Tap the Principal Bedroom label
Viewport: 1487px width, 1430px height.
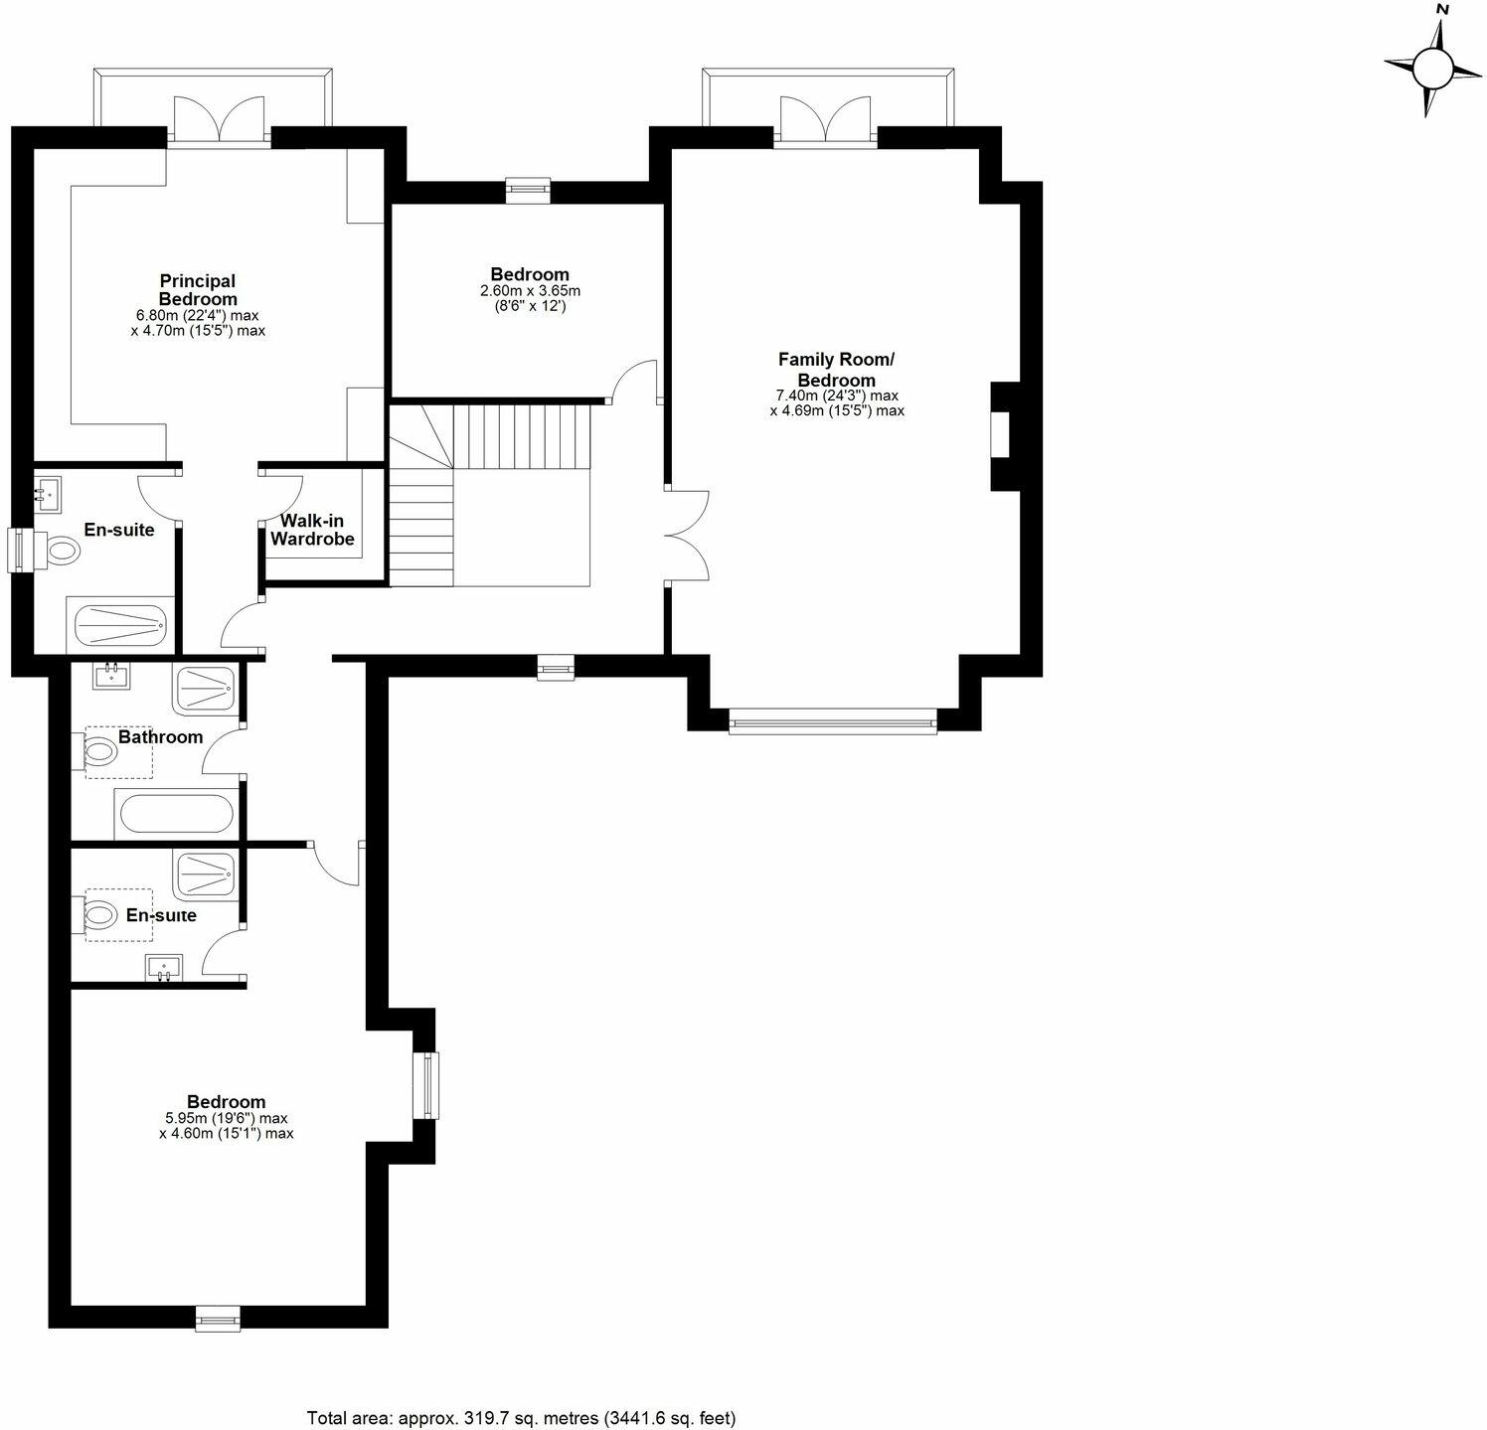point(198,290)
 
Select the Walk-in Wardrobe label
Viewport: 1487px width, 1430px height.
point(312,530)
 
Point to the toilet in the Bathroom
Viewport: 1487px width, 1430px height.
point(99,752)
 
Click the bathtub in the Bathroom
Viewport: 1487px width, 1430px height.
point(176,814)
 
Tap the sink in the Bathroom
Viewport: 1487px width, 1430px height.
point(109,676)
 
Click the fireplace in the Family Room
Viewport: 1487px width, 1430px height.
point(1000,435)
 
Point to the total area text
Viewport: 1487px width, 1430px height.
point(521,1417)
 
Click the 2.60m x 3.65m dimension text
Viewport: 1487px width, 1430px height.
point(530,291)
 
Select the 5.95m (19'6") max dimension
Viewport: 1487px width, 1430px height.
point(226,1118)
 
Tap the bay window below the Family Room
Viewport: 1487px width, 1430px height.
point(833,722)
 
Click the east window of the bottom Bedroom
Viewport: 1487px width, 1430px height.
point(426,1085)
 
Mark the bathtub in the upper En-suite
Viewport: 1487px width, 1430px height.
point(121,624)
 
